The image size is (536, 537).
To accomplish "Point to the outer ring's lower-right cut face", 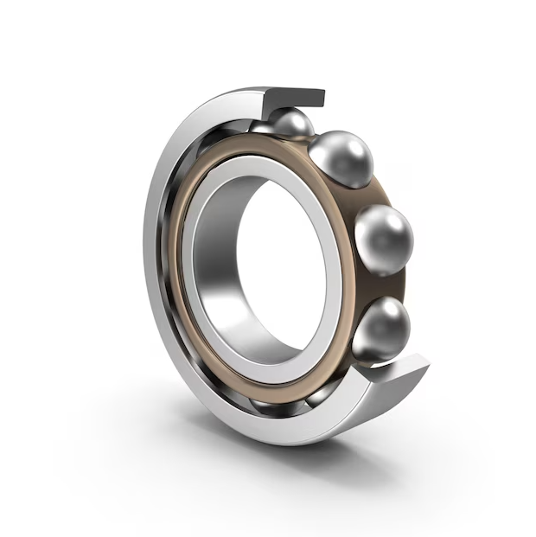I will coord(403,374).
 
